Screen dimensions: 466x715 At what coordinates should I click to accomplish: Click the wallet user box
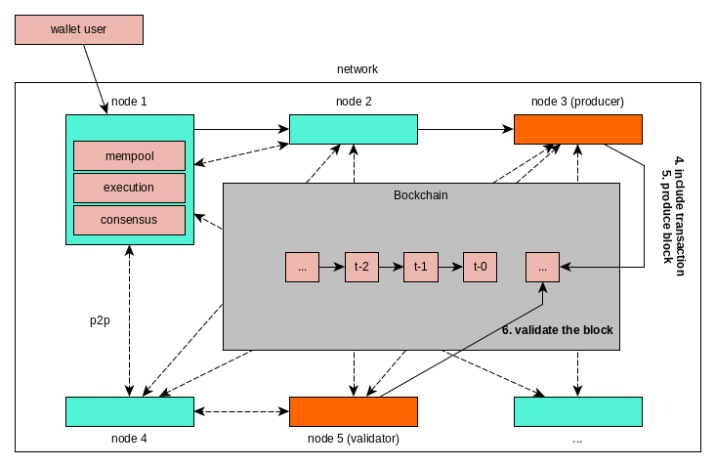[x=79, y=29]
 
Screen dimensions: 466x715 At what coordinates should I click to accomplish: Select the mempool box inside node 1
[x=129, y=155]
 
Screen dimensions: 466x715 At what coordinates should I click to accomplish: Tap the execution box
[x=129, y=187]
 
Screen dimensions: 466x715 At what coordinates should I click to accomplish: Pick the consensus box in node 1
[x=129, y=219]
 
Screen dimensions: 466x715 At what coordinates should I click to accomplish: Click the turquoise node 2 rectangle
[x=353, y=129]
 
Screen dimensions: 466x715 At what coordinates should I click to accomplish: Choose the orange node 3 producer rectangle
[x=577, y=129]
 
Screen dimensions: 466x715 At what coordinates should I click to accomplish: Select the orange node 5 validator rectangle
[x=353, y=411]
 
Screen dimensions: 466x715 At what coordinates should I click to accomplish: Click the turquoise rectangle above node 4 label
[x=129, y=411]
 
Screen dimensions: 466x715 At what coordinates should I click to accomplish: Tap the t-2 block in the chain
[x=361, y=267]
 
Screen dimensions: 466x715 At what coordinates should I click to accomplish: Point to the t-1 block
[x=421, y=267]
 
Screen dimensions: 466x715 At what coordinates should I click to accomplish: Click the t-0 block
[x=480, y=267]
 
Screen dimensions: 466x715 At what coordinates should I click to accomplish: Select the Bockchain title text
[x=421, y=195]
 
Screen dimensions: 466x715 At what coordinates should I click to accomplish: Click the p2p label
[x=100, y=320]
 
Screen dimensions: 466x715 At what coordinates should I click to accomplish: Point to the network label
[x=357, y=69]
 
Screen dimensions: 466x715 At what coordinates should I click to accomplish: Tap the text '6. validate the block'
[x=557, y=330]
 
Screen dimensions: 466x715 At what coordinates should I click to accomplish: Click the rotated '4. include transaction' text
[x=680, y=215]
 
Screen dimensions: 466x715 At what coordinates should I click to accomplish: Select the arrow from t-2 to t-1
[x=391, y=267]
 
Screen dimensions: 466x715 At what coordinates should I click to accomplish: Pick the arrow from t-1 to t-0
[x=450, y=267]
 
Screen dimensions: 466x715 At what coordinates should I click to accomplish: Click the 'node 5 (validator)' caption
[x=354, y=439]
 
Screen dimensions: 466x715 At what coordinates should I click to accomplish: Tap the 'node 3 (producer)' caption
[x=577, y=101]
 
